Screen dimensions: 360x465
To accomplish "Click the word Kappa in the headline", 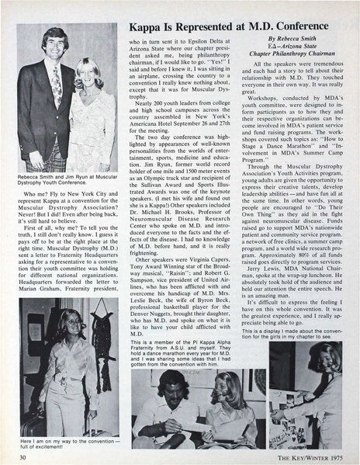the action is [x=146, y=29].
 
